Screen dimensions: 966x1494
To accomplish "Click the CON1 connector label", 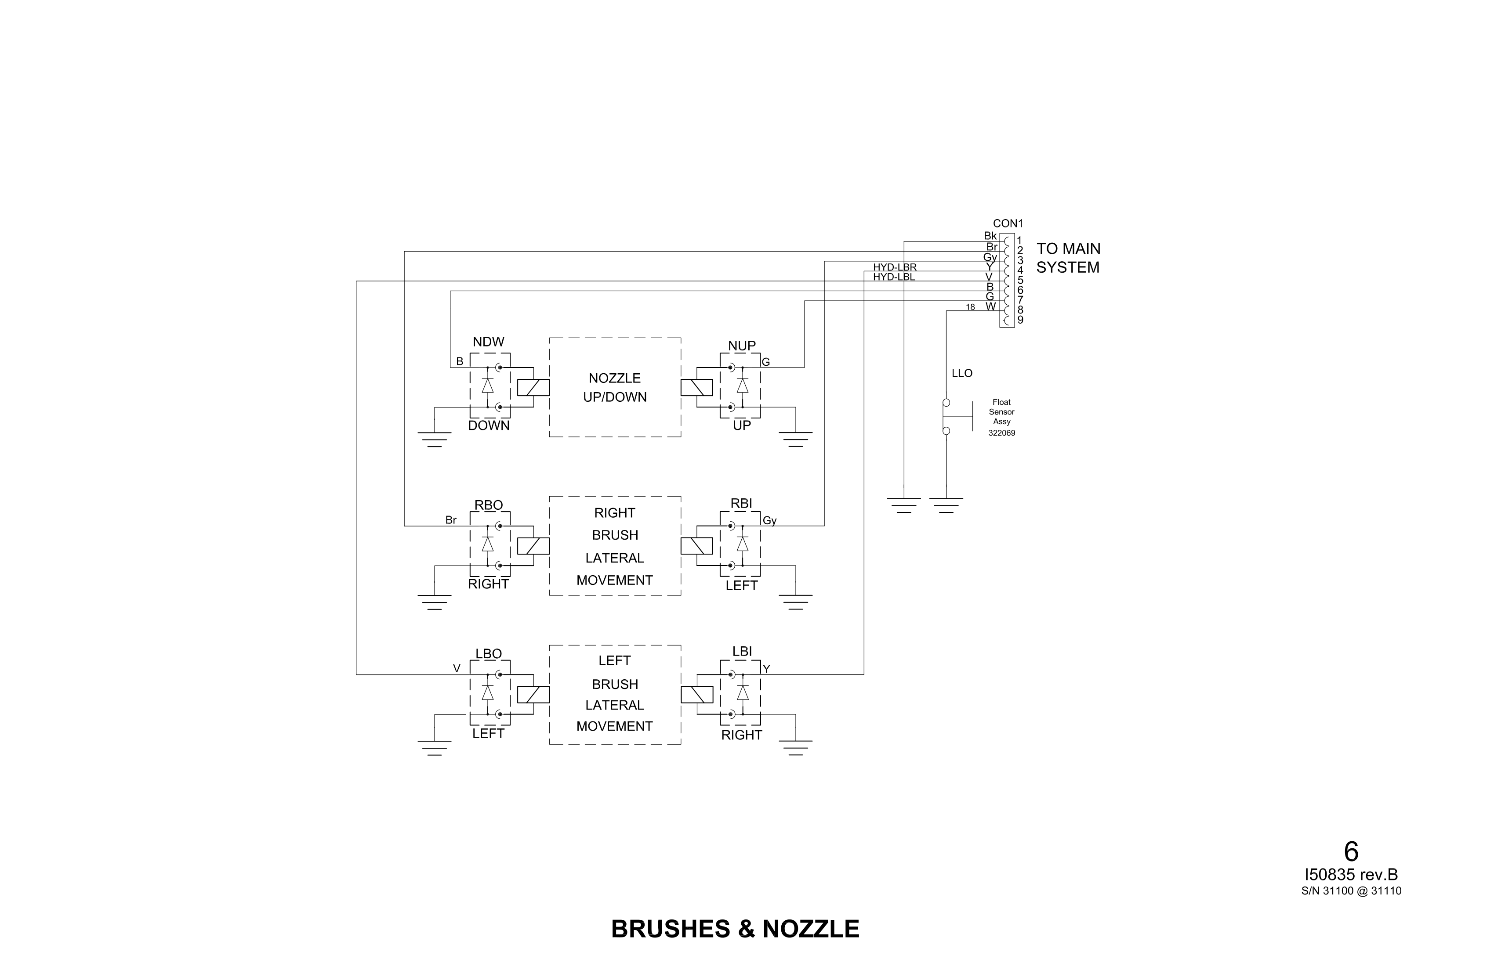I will [1008, 223].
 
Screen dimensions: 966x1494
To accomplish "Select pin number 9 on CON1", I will [1020, 320].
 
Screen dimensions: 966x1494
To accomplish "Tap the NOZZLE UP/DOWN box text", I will [615, 388].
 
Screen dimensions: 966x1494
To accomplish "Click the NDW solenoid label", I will [488, 342].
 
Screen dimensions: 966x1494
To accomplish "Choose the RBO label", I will [488, 505].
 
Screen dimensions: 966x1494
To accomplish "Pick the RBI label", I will [741, 503].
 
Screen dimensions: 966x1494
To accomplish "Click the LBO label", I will [488, 654].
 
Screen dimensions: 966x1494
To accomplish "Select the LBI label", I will [742, 652].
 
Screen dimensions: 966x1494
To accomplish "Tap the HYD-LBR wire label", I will [895, 268].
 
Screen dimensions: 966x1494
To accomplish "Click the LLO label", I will [962, 373].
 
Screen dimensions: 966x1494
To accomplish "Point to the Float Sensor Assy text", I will [1001, 412].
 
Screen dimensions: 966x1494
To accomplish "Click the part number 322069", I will [1001, 433].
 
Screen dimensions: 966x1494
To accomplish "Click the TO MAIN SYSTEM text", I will [1068, 258].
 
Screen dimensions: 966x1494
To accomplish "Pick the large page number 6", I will [1351, 852].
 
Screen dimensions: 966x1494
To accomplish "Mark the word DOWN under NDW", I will [488, 425].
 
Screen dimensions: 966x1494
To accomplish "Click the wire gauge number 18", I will [971, 307].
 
